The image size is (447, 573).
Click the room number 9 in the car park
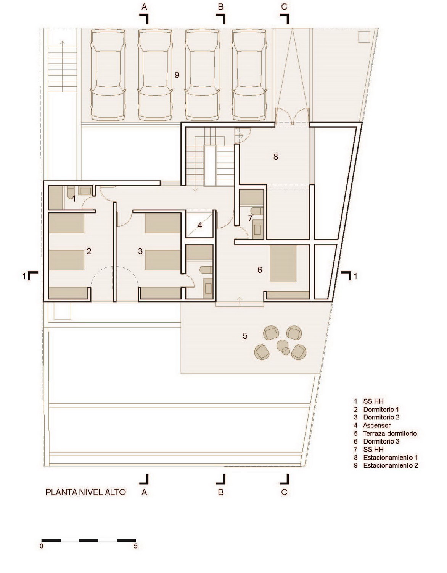click(x=177, y=75)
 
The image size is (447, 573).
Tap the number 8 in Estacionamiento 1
click(x=276, y=157)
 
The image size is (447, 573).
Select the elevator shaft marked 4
click(x=200, y=224)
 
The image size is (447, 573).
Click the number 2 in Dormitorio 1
click(x=89, y=251)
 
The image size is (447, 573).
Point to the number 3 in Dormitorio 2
click(x=140, y=251)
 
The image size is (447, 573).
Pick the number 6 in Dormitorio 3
click(x=260, y=270)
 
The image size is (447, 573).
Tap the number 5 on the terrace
click(x=245, y=336)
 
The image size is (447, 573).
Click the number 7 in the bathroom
click(x=250, y=218)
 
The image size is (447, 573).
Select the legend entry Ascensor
click(x=376, y=425)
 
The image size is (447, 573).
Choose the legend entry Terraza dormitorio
click(x=390, y=433)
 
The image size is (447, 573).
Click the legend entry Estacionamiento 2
click(x=391, y=465)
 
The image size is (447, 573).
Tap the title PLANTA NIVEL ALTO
click(x=85, y=492)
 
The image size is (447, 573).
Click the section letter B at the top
click(x=221, y=7)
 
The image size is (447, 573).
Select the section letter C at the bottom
click(x=284, y=492)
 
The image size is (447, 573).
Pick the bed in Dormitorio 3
click(x=283, y=264)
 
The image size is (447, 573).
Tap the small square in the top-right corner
click(x=364, y=37)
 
